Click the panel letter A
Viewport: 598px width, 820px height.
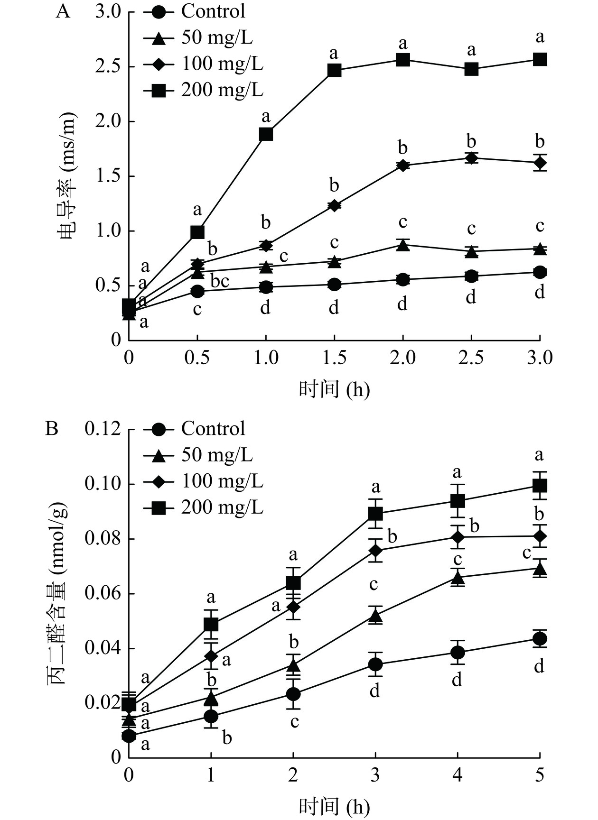[x=63, y=11]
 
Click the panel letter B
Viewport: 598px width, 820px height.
[x=51, y=429]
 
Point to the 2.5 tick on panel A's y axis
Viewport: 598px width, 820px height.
[x=108, y=66]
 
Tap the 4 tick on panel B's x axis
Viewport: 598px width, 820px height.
[x=457, y=775]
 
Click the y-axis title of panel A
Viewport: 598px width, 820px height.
[x=68, y=175]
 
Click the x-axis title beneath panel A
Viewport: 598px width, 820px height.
[x=334, y=390]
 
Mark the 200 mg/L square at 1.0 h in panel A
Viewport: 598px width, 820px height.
[x=266, y=134]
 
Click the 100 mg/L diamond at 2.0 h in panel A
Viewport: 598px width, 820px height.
[x=403, y=166]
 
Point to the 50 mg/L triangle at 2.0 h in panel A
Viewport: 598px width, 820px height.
[x=403, y=245]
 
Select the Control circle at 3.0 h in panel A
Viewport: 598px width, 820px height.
[x=540, y=272]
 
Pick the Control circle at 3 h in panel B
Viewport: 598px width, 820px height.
[x=375, y=664]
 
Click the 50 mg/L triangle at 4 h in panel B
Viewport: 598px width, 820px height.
[x=458, y=577]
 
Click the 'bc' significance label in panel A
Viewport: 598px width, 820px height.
[x=220, y=281]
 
